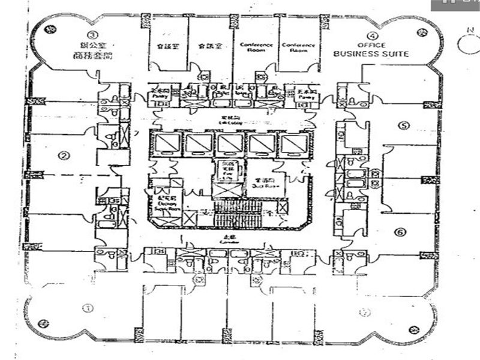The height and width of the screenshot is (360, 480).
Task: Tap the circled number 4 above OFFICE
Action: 373,36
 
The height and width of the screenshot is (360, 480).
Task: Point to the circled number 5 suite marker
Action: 403,126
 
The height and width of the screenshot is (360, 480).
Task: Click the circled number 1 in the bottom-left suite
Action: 88,308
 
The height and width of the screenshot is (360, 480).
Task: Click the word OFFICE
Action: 371,46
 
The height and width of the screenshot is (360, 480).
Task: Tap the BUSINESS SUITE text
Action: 371,54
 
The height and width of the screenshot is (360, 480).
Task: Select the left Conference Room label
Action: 256,47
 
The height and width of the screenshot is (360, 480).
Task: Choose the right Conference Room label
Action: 298,47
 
